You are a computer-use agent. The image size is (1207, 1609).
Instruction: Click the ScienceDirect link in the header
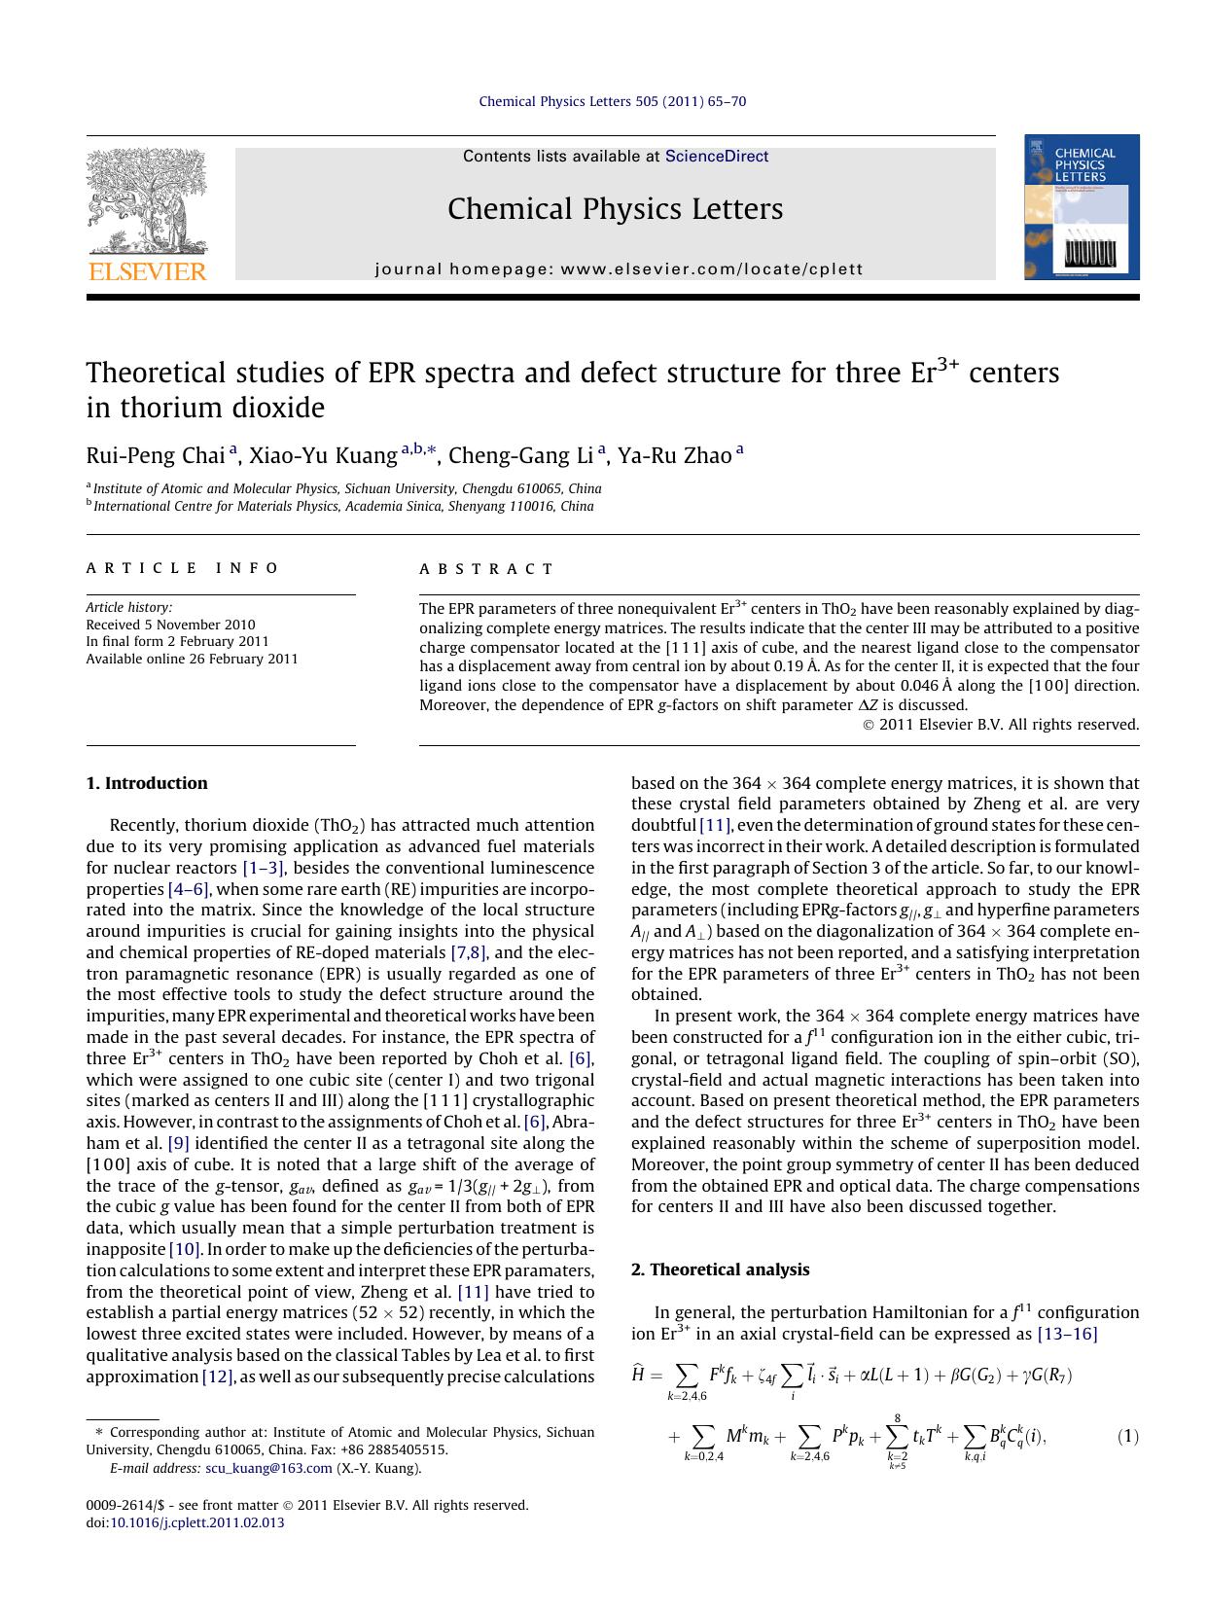click(x=717, y=157)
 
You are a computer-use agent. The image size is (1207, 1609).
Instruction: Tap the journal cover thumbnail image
click(x=1081, y=207)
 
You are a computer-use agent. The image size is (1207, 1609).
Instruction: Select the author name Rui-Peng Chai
click(x=155, y=455)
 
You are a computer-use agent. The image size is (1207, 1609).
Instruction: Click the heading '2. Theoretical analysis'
click(x=720, y=1269)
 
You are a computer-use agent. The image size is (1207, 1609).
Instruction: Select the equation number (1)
click(x=1127, y=1437)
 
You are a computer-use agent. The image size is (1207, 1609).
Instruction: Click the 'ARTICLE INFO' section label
click(x=183, y=568)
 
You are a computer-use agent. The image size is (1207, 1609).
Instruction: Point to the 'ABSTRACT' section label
click(x=486, y=569)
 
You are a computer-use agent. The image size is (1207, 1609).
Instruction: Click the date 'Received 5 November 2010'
click(x=170, y=625)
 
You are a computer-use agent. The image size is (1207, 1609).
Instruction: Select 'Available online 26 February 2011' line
click(x=192, y=659)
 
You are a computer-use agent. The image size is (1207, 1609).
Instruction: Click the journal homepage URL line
click(x=619, y=269)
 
